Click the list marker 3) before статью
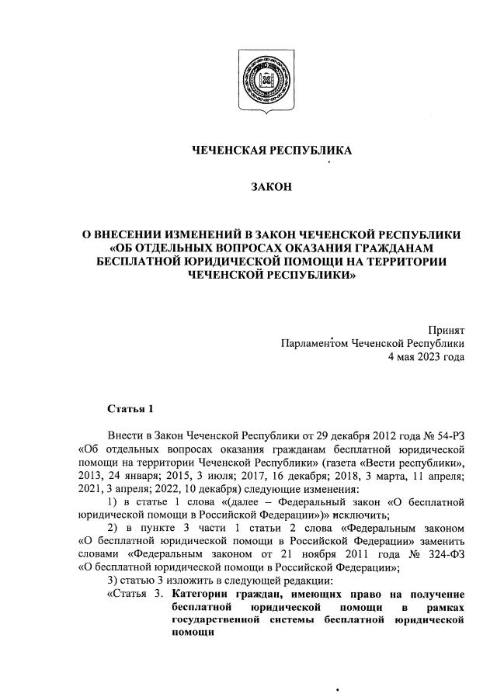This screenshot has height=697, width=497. [112, 581]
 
